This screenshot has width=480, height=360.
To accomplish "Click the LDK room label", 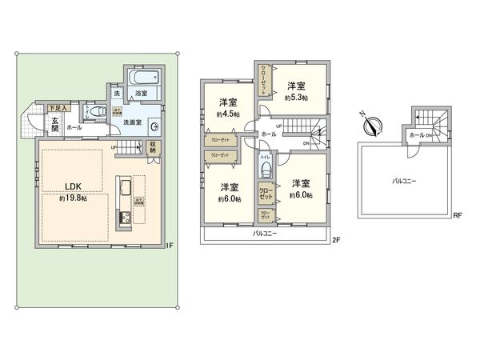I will coord(75,188).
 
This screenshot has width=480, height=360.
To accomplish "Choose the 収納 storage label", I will coord(153,149).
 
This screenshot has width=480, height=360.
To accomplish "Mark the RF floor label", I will coord(458,215).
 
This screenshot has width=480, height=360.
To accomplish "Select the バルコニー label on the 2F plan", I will coord(266,234).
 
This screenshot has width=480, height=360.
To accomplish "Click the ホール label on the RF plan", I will coord(415,136).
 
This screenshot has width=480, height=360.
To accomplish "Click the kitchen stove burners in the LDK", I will coord(124,219).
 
